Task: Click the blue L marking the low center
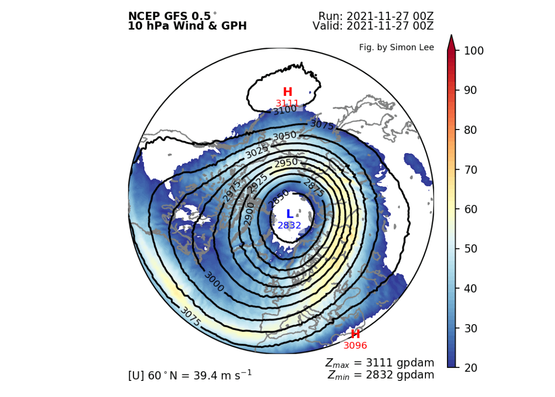tap(290, 214)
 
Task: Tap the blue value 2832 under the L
tap(289, 225)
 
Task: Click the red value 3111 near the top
tap(287, 103)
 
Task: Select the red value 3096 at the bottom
tap(355, 345)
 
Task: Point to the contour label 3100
tap(284, 111)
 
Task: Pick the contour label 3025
tap(257, 152)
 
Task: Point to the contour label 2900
tap(249, 214)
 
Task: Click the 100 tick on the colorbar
tap(471, 51)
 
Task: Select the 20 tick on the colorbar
tap(465, 367)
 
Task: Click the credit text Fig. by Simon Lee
tap(396, 47)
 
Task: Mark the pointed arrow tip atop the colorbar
tap(451, 36)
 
